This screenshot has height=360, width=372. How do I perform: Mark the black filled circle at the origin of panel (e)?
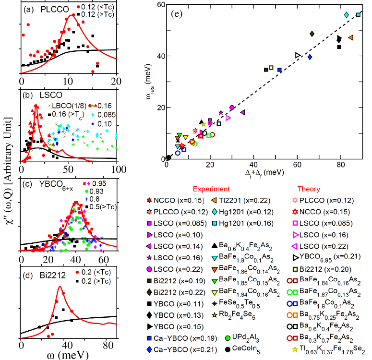(168, 157)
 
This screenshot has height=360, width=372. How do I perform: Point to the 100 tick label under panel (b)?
(117, 170)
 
